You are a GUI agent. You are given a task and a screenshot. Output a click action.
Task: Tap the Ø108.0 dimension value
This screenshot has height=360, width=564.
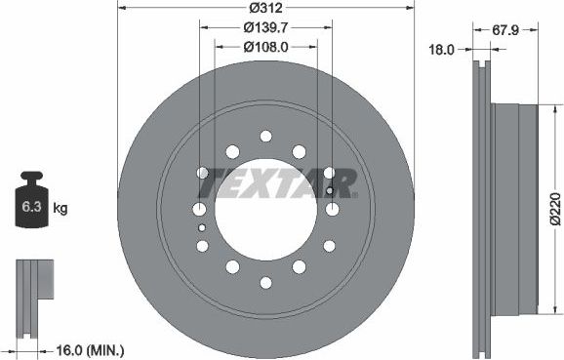click(266, 46)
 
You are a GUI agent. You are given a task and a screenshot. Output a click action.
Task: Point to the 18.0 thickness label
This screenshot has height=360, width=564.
click(444, 46)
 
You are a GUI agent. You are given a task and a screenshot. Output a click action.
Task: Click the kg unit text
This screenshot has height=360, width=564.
click(60, 209)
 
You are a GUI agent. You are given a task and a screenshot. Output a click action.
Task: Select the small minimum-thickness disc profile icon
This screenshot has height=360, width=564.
click(32, 284)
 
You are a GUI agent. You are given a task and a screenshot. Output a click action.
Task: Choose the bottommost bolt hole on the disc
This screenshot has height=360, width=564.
click(266, 284)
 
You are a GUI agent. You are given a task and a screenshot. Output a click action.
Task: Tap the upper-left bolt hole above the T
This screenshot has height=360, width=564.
click(232, 151)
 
